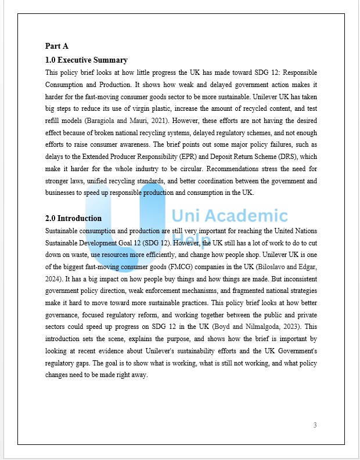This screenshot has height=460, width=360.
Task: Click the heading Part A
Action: pos(57,46)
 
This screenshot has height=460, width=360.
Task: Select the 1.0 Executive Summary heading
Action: pos(87,60)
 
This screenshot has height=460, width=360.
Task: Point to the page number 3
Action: pos(315,425)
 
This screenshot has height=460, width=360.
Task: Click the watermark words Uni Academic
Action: pos(229,216)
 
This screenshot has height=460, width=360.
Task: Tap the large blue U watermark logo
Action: pos(125,226)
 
